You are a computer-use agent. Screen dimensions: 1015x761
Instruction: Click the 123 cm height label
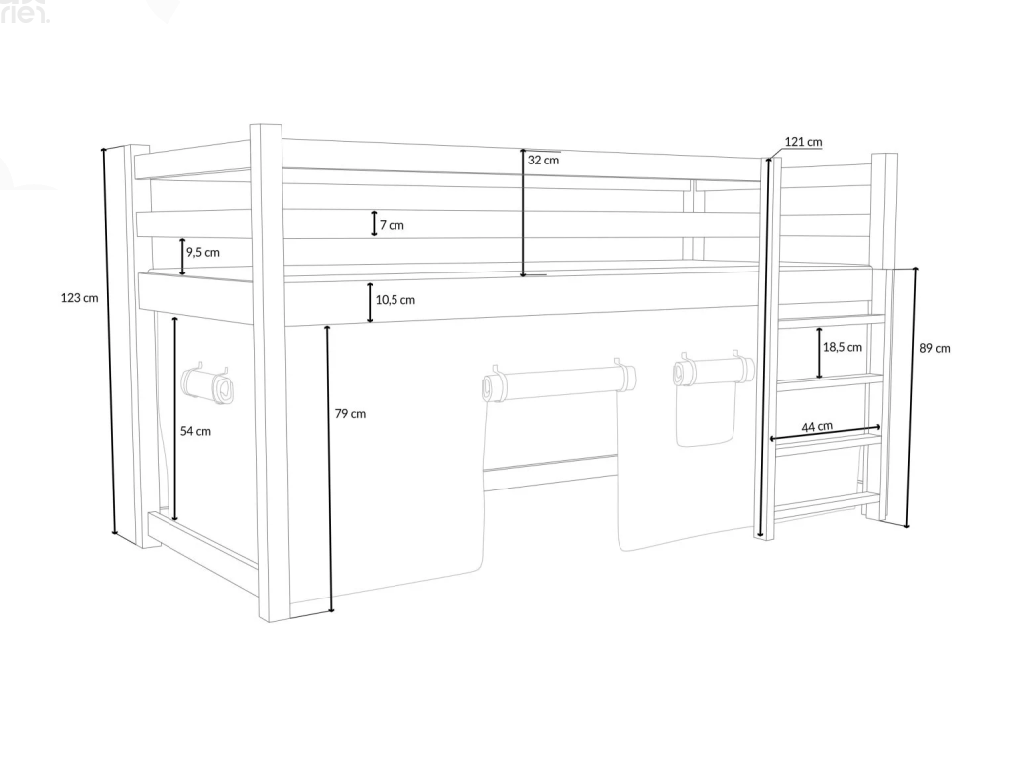click(80, 297)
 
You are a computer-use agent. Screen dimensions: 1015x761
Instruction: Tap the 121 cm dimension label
click(803, 142)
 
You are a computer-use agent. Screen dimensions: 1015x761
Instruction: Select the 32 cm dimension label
click(543, 160)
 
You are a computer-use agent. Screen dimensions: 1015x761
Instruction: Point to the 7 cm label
click(392, 225)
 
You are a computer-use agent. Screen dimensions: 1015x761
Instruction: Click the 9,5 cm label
click(203, 252)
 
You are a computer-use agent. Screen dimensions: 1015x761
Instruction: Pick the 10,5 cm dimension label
click(395, 299)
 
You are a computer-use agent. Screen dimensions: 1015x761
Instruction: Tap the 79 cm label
click(350, 413)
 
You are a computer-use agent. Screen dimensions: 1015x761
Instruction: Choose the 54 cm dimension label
click(195, 431)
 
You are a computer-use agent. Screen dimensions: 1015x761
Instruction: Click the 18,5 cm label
click(843, 347)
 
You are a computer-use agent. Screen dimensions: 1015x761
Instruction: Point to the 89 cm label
click(935, 348)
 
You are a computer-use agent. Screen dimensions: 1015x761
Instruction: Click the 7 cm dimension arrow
click(374, 224)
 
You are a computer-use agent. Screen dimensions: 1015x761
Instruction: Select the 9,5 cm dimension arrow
click(182, 257)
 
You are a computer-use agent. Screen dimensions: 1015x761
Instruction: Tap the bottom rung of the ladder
click(825, 502)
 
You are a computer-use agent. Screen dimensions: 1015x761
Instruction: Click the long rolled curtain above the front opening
click(560, 381)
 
